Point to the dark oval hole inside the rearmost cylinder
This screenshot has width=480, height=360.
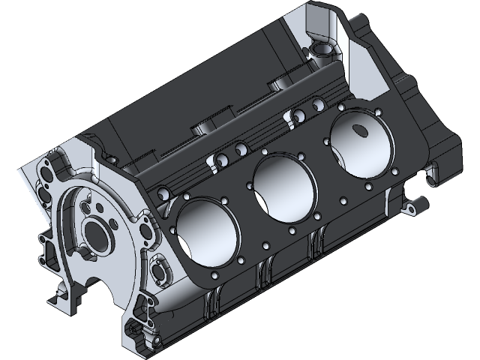(358, 132)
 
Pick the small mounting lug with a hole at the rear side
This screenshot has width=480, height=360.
(415, 205)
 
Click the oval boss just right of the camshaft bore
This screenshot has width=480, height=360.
(160, 268)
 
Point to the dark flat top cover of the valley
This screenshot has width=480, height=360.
(195, 97)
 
